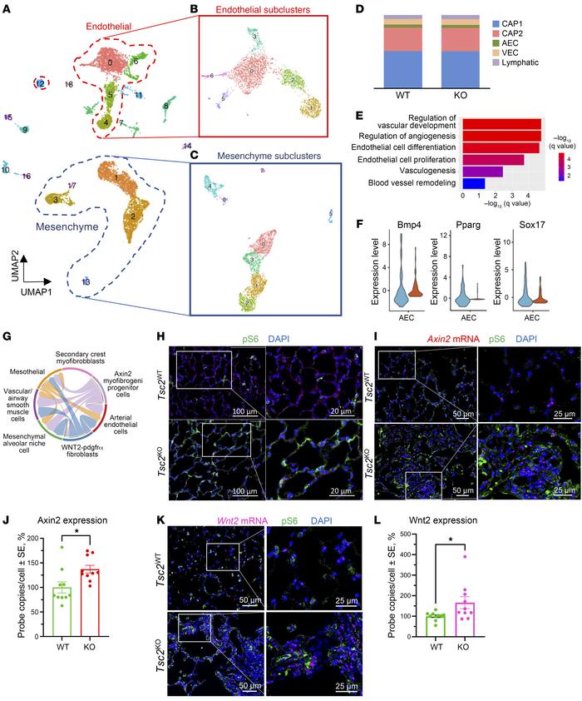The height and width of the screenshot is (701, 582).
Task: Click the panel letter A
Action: pyautogui.click(x=7, y=8)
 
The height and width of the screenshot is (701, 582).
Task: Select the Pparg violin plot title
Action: pyautogui.click(x=468, y=223)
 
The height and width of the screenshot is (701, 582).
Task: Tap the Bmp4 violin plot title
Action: pyautogui.click(x=403, y=223)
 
